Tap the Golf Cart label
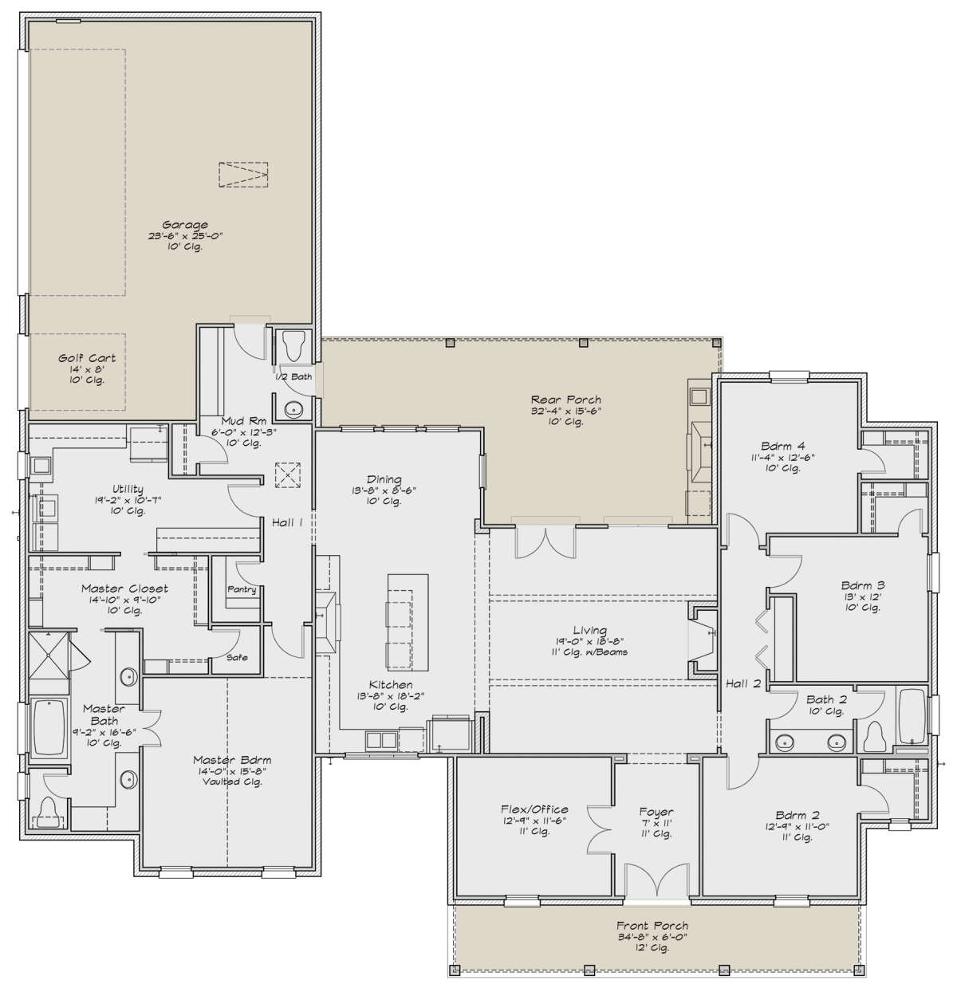click(x=86, y=359)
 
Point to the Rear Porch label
click(x=565, y=400)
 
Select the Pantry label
click(x=242, y=589)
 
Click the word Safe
click(x=237, y=657)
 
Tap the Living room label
click(x=589, y=630)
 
